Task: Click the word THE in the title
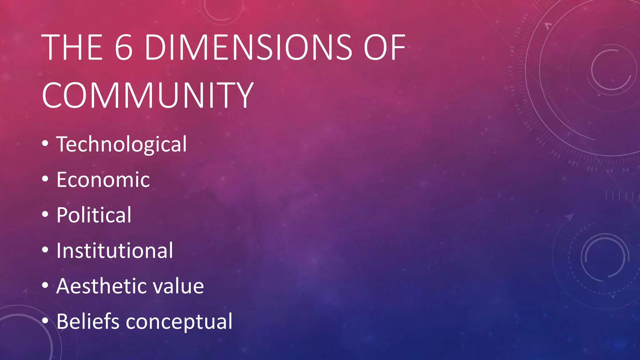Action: coord(72,47)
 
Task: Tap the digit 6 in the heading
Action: coord(124,47)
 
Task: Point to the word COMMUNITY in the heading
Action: coord(147,95)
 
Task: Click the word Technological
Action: coord(122,144)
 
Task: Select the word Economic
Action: coord(103,180)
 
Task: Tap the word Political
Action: coord(94,215)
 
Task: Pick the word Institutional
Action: coord(114,251)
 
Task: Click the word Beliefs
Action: coord(88,321)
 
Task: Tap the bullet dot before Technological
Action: coord(45,143)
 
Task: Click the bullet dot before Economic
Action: coord(45,179)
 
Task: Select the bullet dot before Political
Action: coord(45,214)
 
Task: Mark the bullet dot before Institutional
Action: coord(45,250)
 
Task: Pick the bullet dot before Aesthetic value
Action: coord(45,285)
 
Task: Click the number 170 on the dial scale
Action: coord(510,71)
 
